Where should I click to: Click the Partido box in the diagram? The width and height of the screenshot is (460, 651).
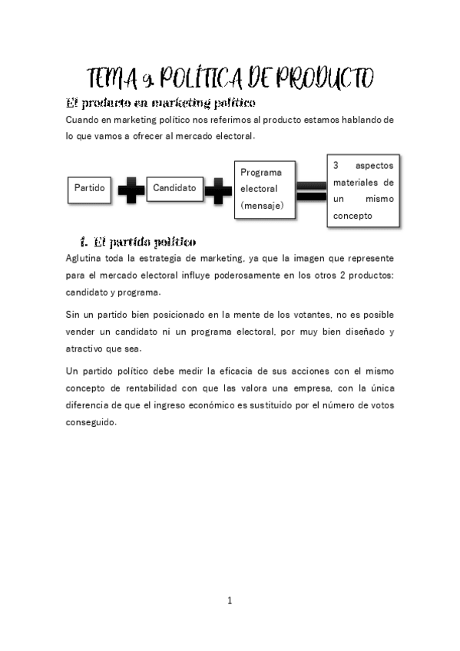point(89,188)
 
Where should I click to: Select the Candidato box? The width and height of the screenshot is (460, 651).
point(174,188)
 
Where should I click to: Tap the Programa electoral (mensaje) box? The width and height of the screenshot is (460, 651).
point(265,189)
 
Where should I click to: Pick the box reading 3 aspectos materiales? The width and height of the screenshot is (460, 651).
point(363,190)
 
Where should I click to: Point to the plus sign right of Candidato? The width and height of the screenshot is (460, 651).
point(218,190)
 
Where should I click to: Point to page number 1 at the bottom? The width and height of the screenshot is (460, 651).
point(230,600)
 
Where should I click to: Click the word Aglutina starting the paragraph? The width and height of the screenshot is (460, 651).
point(85,258)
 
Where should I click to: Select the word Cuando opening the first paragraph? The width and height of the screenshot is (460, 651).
point(84,121)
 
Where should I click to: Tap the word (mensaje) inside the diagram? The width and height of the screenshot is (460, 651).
point(262,205)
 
